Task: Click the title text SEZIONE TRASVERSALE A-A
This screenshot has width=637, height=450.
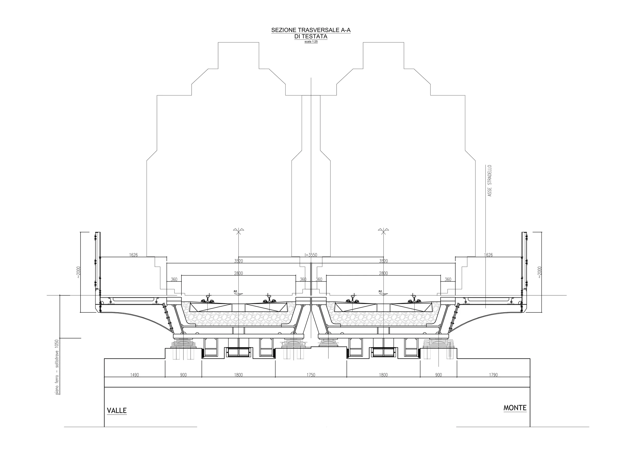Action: (311, 30)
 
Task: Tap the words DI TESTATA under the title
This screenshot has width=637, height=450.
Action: (311, 37)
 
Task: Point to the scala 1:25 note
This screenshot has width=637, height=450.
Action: (311, 42)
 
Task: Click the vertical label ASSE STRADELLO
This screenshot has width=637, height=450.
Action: (490, 181)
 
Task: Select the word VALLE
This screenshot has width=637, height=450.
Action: (117, 411)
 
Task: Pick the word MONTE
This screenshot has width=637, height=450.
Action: (515, 408)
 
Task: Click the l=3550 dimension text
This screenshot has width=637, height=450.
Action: (311, 255)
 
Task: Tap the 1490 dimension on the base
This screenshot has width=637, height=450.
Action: (135, 375)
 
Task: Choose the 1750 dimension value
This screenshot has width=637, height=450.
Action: (311, 375)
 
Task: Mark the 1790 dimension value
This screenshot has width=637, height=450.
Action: (493, 375)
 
